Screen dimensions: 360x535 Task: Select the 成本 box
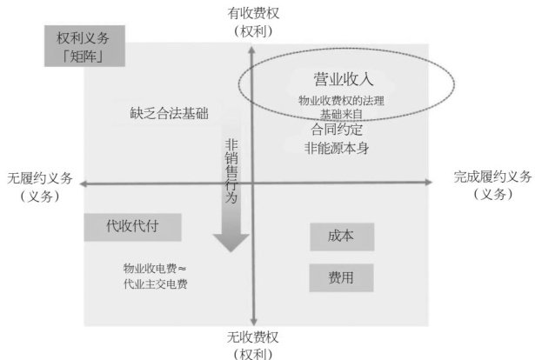341,237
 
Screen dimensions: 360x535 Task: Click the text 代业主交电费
156,283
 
